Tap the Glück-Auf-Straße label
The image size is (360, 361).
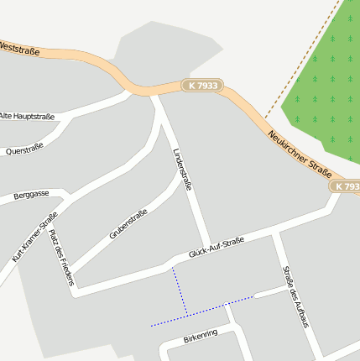[216, 247]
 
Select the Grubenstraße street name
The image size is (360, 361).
[128, 224]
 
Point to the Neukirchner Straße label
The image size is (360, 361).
[300, 153]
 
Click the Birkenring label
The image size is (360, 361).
[200, 337]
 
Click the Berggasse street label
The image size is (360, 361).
[31, 195]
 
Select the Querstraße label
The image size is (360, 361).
[23, 150]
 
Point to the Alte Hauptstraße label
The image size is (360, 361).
[27, 116]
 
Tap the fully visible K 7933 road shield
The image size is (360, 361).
[203, 86]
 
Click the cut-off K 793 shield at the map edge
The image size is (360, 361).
[346, 186]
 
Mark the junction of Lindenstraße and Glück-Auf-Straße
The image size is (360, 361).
[210, 249]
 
